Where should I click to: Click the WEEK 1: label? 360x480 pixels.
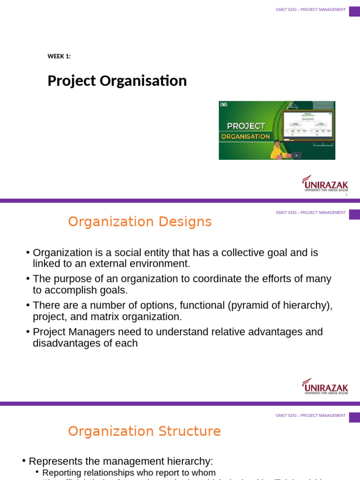[59, 57]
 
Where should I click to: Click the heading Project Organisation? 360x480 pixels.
[117, 81]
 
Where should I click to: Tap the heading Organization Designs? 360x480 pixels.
[140, 222]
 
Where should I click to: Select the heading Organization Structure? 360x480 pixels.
[144, 431]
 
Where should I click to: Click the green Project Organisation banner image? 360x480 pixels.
[277, 130]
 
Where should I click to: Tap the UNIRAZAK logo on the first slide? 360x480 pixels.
[325, 183]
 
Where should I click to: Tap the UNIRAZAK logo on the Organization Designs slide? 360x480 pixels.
[325, 386]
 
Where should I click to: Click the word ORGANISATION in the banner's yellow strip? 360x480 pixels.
[246, 137]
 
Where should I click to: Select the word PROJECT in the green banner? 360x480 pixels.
[246, 126]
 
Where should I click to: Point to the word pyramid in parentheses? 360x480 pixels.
[249, 306]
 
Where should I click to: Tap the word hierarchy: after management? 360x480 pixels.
[189, 461]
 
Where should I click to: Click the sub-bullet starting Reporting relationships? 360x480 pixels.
[129, 473]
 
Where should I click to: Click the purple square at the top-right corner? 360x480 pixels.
[354, 11]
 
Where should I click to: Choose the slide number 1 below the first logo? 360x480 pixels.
[346, 195]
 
